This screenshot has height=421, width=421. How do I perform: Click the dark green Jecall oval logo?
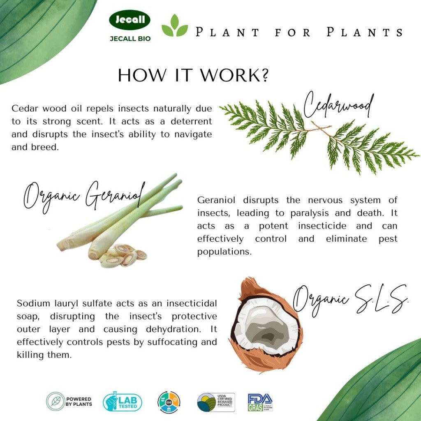[130, 20]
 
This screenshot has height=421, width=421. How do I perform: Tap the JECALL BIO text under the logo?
[130, 39]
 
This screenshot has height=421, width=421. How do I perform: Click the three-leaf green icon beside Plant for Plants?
[174, 26]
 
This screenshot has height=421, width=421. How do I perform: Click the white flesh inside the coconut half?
[267, 325]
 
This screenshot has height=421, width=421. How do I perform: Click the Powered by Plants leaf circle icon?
[56, 401]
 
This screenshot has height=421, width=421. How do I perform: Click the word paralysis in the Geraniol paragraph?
[313, 213]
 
